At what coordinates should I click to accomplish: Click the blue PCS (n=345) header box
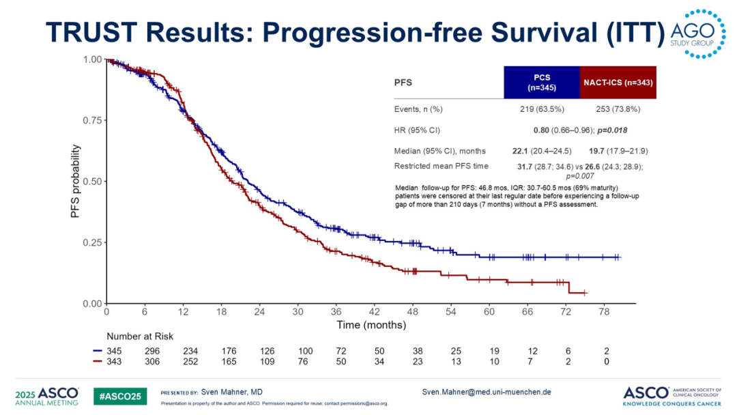tap(541, 83)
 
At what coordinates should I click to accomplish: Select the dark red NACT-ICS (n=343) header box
tap(618, 83)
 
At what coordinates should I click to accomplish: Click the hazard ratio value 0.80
tap(543, 130)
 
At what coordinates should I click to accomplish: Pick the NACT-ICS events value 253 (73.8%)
tap(612, 109)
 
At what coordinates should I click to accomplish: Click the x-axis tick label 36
tap(336, 312)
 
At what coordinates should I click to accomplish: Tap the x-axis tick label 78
tap(604, 312)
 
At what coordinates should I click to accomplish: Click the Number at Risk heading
tap(140, 337)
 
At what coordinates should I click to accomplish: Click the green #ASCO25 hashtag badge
tap(119, 395)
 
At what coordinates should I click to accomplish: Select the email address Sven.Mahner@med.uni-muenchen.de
tap(487, 392)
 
